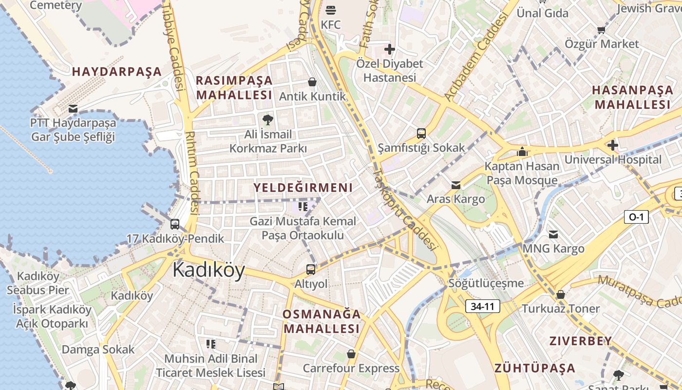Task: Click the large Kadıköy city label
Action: click(208, 270)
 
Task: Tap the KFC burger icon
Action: click(331, 10)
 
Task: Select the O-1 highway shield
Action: click(636, 217)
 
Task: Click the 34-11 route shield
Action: click(483, 306)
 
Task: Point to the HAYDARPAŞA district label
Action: click(117, 72)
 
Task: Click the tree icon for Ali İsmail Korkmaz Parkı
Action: click(267, 119)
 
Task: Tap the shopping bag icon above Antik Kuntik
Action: click(312, 82)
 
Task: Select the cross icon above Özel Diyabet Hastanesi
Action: click(389, 49)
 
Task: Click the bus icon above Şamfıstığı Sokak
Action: click(421, 133)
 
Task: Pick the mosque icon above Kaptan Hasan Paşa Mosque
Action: click(522, 152)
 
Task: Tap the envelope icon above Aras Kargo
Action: click(456, 185)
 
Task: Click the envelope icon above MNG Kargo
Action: click(553, 234)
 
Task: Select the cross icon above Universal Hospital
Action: click(613, 145)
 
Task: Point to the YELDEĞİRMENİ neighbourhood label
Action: click(303, 188)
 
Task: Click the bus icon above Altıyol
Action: click(311, 269)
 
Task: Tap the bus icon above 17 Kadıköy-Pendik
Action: click(175, 224)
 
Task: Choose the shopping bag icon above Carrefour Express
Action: click(351, 354)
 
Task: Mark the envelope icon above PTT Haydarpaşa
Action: click(73, 108)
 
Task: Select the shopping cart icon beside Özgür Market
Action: click(602, 30)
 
